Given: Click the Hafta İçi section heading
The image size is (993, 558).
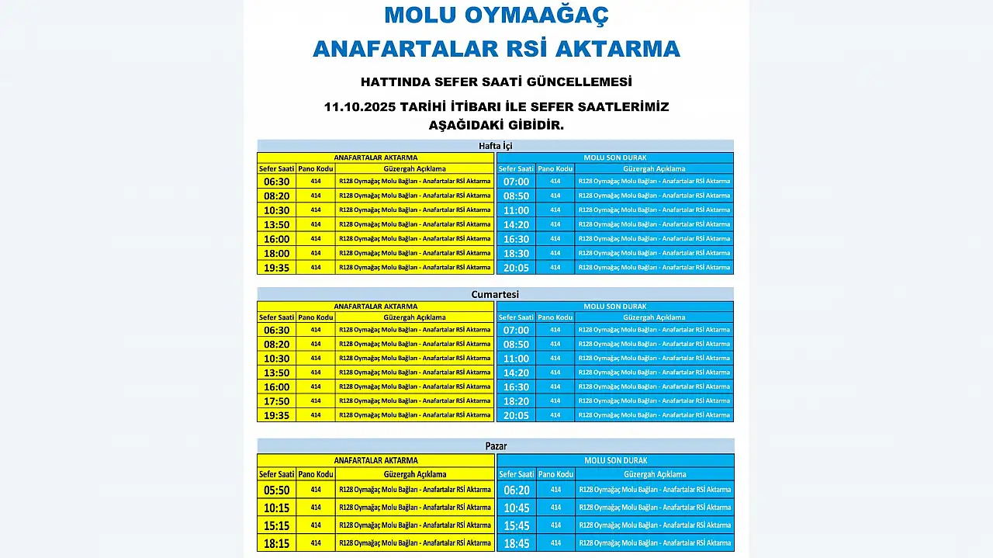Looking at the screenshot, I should [x=495, y=146].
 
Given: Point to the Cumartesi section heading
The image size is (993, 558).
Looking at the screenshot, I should [x=495, y=295].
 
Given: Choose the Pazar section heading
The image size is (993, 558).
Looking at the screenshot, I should [x=495, y=446].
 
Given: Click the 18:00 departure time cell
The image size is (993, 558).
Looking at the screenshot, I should [x=276, y=253].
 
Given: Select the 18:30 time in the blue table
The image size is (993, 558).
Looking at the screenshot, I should [x=516, y=253].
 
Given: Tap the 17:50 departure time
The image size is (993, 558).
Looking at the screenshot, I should [x=276, y=401].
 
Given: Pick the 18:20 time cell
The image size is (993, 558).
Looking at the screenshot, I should [x=516, y=401].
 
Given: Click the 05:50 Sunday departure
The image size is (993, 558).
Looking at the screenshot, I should [x=276, y=490].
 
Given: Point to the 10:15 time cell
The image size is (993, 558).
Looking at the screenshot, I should [x=276, y=508].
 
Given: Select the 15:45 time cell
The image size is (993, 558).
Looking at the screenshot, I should [x=516, y=525].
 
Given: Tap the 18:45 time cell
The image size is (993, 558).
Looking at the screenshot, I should [x=516, y=543].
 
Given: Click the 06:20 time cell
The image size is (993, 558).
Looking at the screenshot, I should [x=516, y=490].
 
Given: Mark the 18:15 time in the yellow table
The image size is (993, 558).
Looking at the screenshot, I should [x=276, y=543].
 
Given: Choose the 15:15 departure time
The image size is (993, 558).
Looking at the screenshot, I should [x=276, y=525].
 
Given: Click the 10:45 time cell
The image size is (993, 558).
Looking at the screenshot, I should [x=516, y=508].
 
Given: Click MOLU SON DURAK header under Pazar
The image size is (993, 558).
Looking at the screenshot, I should [x=615, y=461].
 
